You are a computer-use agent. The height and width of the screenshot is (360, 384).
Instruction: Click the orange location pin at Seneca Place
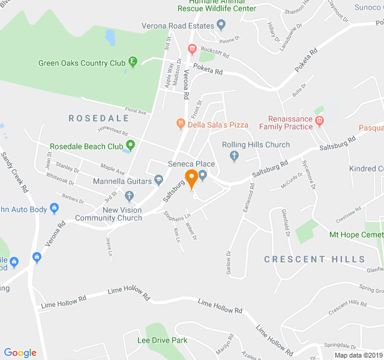191,178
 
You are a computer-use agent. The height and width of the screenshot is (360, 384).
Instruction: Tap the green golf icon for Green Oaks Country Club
133,62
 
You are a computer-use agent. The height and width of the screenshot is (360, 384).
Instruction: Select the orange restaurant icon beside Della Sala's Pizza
180,124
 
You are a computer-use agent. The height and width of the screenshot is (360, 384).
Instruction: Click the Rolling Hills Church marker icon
235,157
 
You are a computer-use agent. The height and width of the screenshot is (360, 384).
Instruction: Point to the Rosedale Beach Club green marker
130,146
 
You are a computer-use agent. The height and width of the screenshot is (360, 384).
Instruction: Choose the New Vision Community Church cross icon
128,196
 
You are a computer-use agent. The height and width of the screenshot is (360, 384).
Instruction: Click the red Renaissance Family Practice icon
320,122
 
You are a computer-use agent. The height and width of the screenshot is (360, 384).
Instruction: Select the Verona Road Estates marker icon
221,26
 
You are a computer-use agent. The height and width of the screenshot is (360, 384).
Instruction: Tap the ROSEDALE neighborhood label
99,118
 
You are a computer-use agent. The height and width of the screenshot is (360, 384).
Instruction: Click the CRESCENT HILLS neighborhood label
314,259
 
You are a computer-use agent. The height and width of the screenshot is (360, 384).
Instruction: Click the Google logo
20,353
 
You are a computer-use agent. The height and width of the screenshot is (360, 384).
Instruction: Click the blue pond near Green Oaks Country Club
110,38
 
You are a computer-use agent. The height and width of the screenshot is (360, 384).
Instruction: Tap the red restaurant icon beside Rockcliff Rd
192,49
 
